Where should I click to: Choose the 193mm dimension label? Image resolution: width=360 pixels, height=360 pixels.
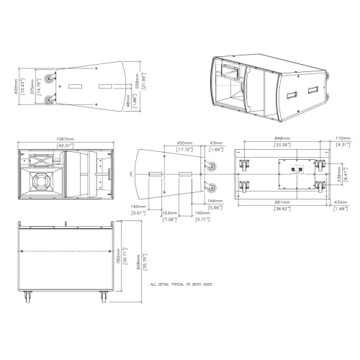(x=170, y=213)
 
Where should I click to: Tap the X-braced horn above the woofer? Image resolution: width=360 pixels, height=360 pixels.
(x=37, y=161)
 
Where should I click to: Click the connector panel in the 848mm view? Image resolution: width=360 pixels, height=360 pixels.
(x=294, y=171)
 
